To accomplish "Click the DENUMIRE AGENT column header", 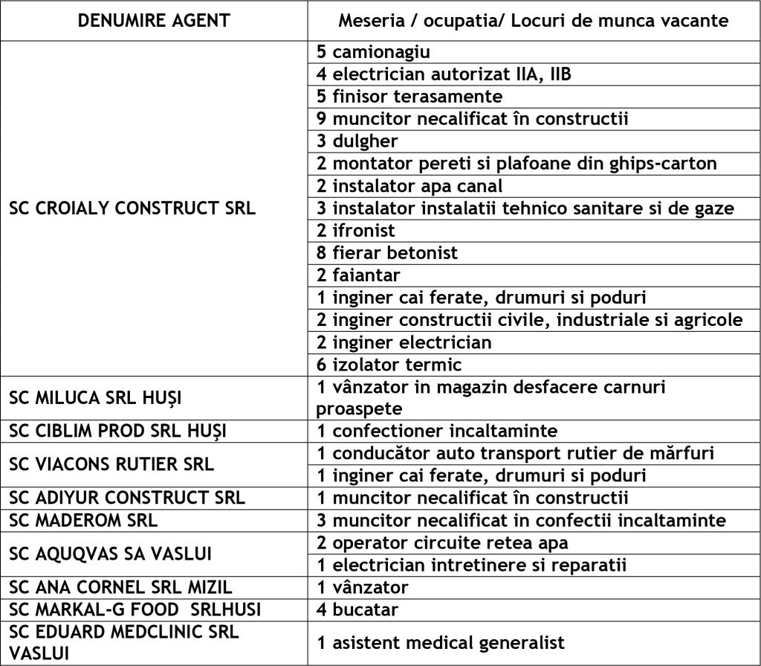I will point(155,21).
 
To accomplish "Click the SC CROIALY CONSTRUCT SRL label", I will point(132,208).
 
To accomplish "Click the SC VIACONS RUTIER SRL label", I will point(111,464).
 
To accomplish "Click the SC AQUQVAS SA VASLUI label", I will point(111,553).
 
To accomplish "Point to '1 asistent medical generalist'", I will point(441,642).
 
